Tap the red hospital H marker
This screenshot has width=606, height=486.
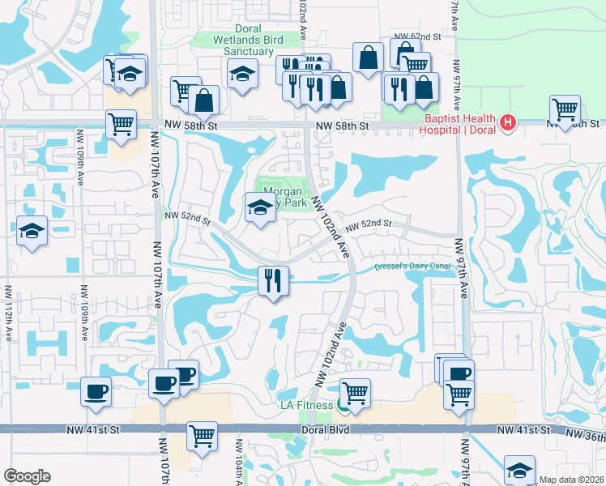(x=508, y=123)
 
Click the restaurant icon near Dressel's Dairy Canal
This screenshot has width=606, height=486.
(x=273, y=280)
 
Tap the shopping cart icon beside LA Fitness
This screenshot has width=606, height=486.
(x=355, y=393)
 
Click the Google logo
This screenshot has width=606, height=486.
(x=27, y=475)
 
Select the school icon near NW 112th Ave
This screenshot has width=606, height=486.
(x=32, y=231)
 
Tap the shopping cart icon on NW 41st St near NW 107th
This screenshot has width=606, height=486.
(x=202, y=436)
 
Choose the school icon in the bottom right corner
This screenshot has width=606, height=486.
(x=519, y=470)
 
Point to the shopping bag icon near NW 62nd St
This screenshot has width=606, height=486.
(x=369, y=58)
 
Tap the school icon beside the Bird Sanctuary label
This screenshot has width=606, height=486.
(x=242, y=75)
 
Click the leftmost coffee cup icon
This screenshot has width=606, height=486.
(x=96, y=391)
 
